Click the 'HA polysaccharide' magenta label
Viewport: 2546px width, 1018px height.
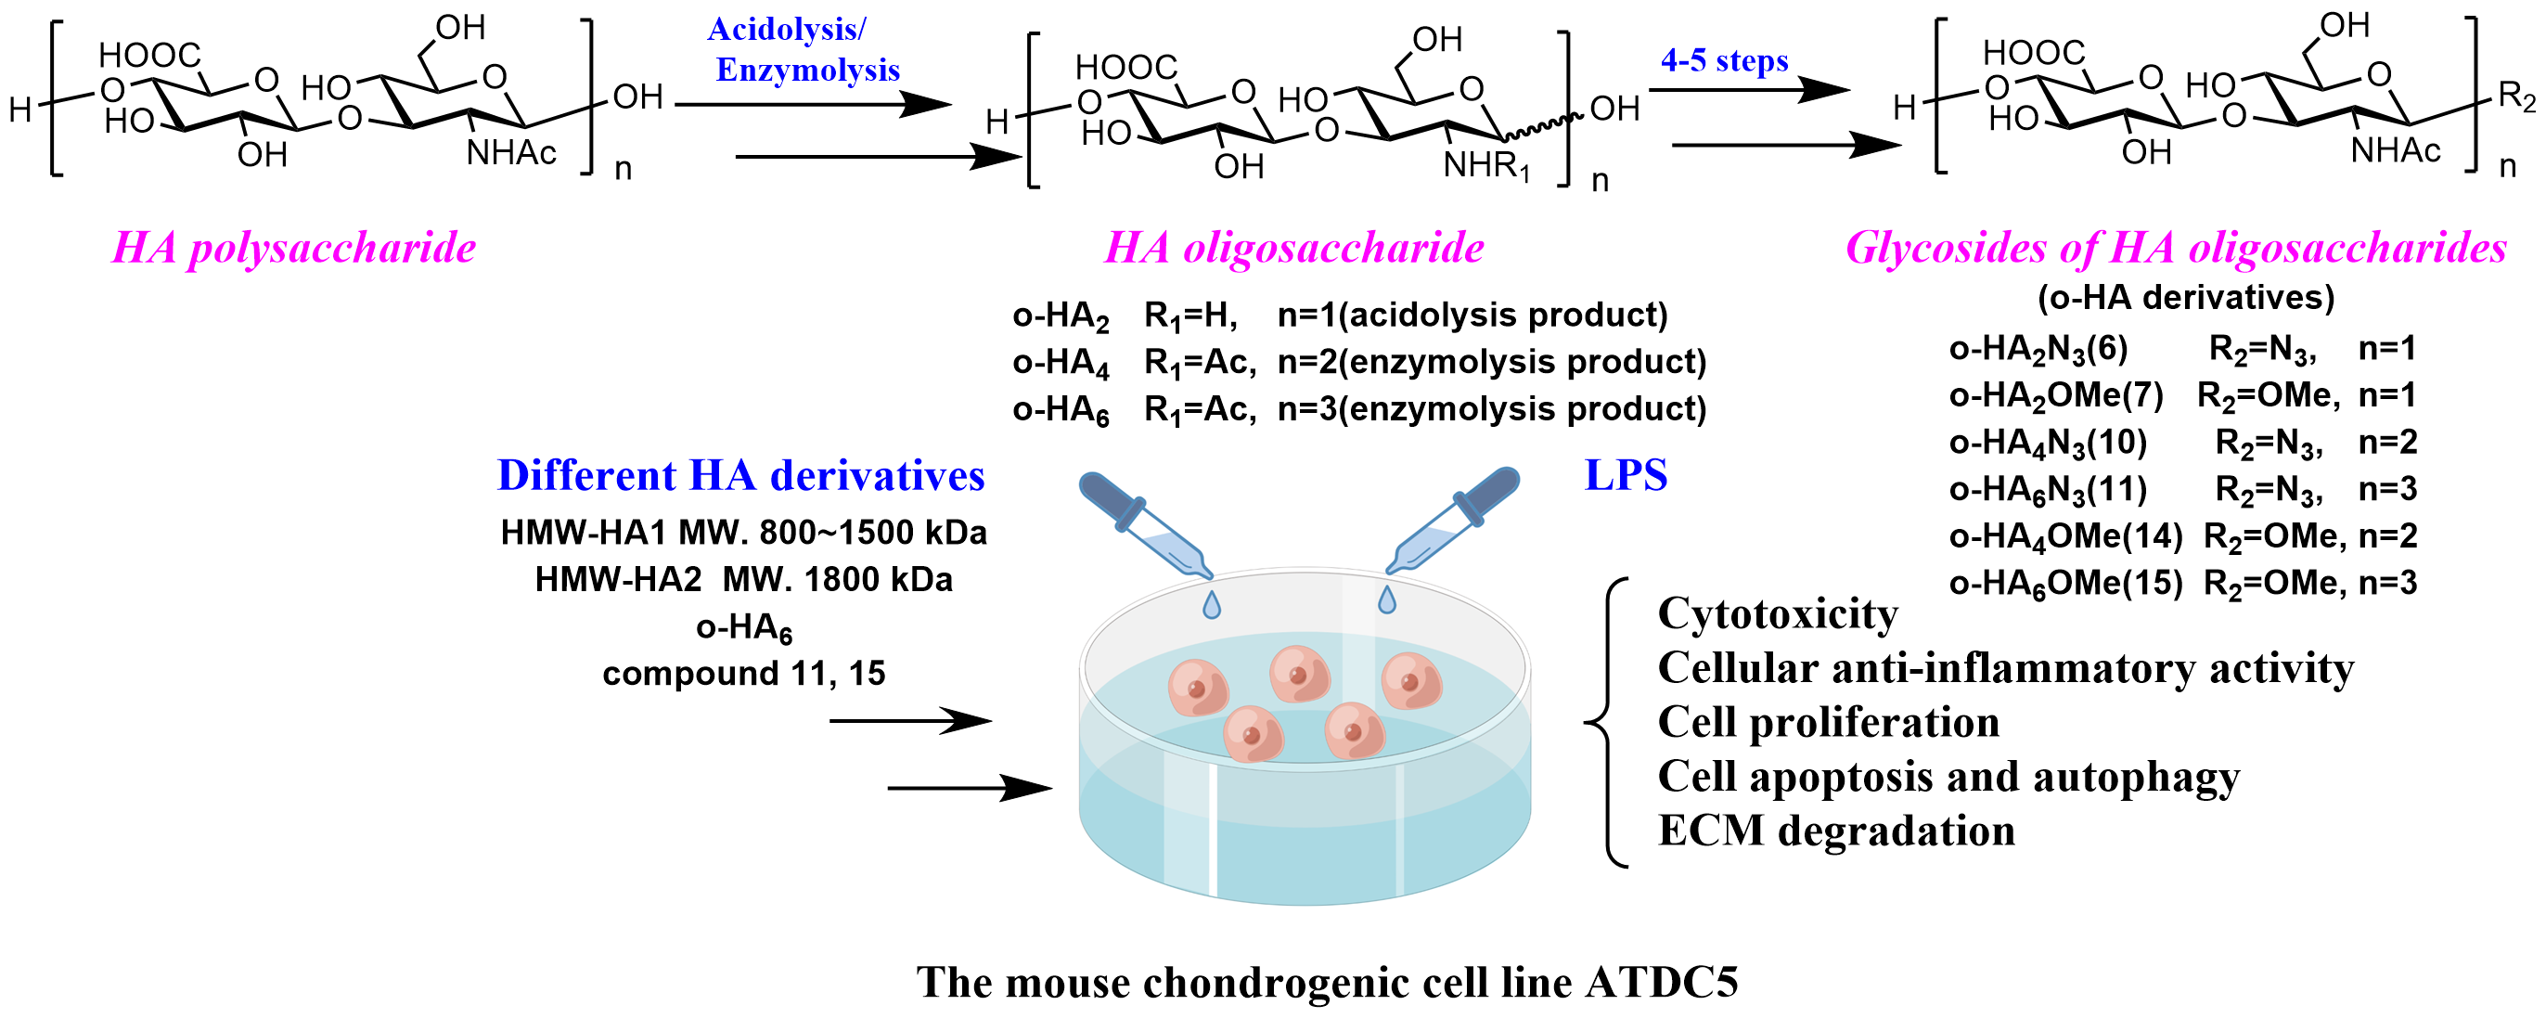293,247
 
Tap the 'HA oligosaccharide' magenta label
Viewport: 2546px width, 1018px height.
1292,247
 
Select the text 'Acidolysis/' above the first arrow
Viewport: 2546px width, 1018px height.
786,29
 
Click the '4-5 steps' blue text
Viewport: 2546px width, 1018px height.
1724,60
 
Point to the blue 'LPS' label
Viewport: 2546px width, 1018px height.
1625,475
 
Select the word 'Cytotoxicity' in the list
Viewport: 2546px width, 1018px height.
1777,613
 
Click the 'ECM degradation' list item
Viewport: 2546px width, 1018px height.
1835,831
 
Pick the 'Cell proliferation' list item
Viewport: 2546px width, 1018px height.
1828,723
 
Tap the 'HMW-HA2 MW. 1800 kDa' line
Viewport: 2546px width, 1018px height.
743,579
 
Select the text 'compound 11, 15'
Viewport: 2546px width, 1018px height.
743,674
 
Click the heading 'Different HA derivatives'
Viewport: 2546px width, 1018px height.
740,475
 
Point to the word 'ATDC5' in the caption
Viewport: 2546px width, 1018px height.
1661,983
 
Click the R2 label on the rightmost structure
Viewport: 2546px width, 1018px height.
2515,96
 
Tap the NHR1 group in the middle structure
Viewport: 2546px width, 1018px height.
1485,166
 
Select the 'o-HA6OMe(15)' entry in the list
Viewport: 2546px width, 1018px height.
2064,583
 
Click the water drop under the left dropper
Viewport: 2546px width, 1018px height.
1212,604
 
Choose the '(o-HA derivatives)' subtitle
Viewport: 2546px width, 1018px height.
2185,297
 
